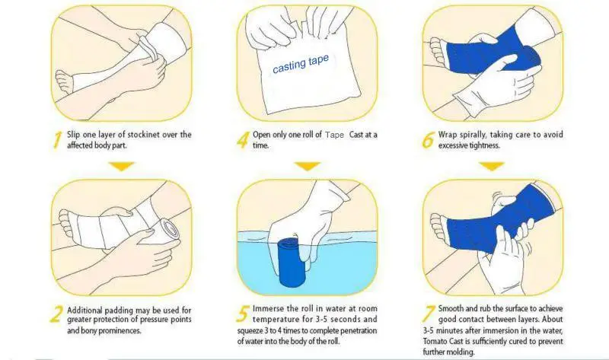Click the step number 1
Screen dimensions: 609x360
pos(57,140)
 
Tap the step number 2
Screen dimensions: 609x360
pos(56,314)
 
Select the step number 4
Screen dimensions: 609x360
pos(243,140)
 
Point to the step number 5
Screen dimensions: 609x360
pos(243,314)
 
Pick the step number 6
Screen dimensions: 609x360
pos(429,140)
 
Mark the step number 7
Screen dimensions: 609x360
pos(429,313)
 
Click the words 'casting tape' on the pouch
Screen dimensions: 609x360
pos(301,64)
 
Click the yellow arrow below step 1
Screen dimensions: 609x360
pos(122,166)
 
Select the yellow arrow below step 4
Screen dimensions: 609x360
pos(308,166)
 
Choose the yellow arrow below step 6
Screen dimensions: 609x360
pos(492,166)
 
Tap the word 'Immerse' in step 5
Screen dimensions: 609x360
pos(269,308)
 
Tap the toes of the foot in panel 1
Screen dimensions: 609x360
pos(64,81)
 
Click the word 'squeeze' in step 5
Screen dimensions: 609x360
pos(250,331)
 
